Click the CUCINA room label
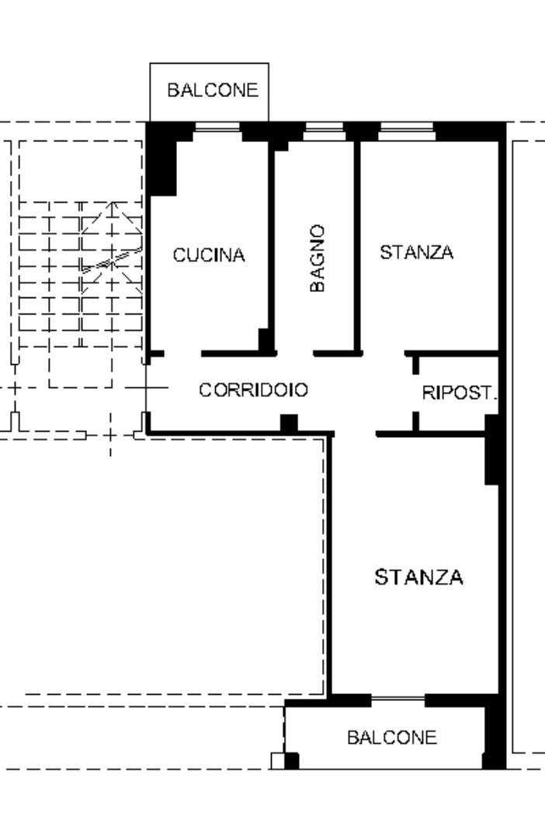[209, 255]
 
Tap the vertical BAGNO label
[318, 259]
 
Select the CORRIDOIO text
[253, 390]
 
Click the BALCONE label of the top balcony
[213, 90]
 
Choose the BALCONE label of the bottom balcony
[392, 738]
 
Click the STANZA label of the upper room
[416, 252]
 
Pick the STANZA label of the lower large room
[418, 577]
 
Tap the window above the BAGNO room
[324, 131]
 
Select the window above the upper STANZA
[406, 131]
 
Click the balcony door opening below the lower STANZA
[397, 699]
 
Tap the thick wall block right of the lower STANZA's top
[492, 450]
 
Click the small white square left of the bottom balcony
[277, 761]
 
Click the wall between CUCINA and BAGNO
[271, 246]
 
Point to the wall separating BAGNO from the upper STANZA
[357, 246]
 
